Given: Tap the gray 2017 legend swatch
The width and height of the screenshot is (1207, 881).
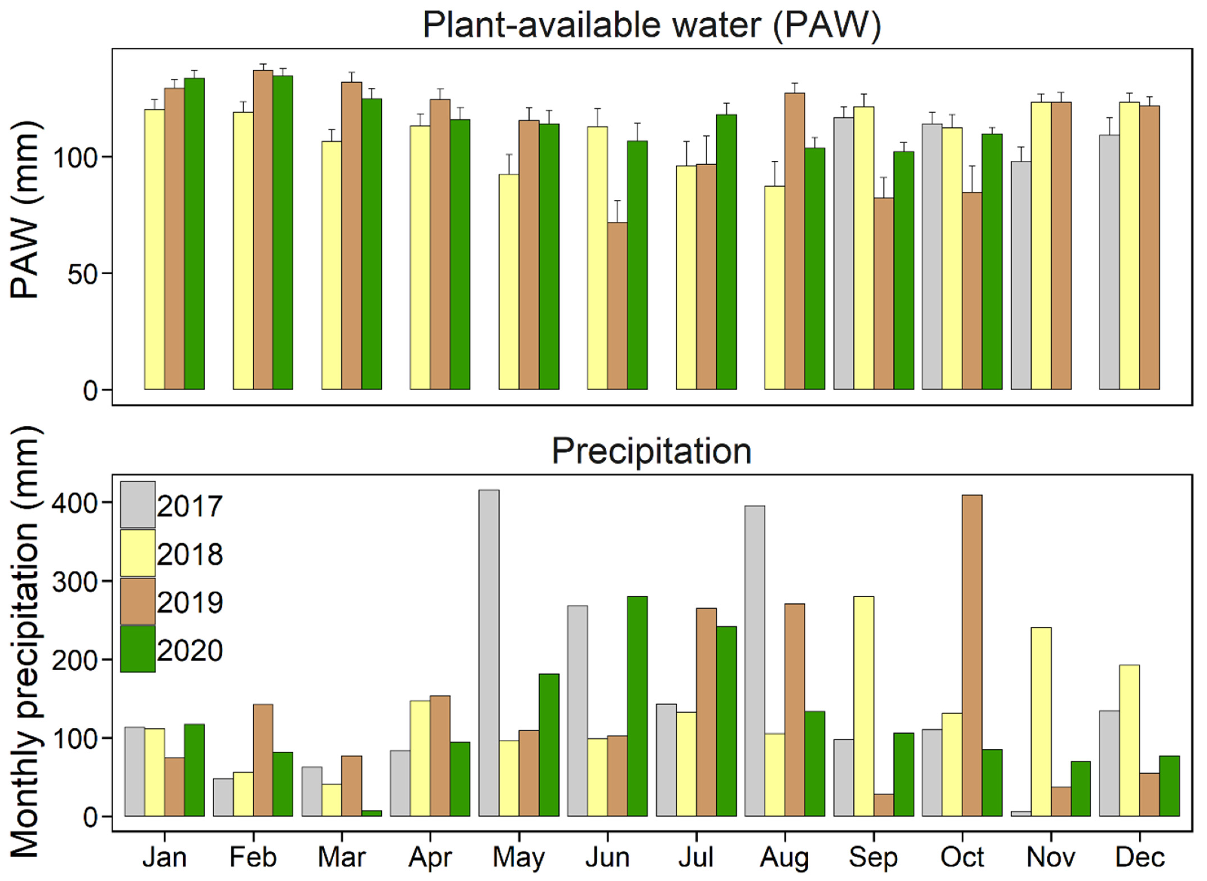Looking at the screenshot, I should click(138, 505).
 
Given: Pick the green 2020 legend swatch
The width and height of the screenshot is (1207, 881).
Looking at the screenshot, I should click(138, 649).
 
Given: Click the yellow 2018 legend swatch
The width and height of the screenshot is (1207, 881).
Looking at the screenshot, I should click(138, 553).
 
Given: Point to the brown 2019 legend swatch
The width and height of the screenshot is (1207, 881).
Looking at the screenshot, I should click(138, 601).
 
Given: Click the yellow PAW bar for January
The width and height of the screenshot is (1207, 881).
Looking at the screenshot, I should click(154, 249).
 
